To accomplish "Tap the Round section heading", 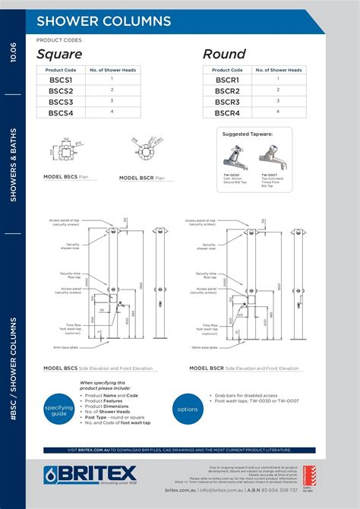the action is tap(224, 54).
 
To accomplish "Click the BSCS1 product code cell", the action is tap(60, 80).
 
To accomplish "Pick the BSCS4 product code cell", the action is tap(60, 112).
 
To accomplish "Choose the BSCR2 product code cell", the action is tap(227, 90).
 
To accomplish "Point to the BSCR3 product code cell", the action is tap(227, 102).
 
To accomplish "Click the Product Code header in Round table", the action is tap(227, 70).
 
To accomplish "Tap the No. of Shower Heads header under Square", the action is tap(112, 70).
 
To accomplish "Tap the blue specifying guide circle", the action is tap(58, 410).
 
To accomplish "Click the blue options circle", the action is tap(188, 409).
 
